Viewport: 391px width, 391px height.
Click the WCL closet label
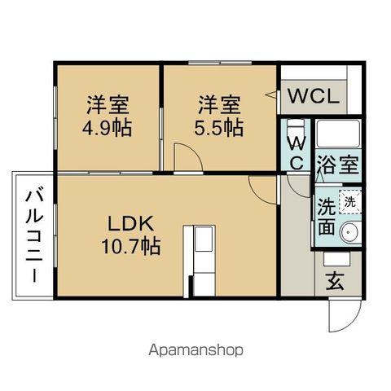[311, 95]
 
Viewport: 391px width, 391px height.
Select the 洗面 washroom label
[326, 216]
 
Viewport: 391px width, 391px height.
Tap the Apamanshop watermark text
[195, 349]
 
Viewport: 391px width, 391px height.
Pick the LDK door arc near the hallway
[263, 189]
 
